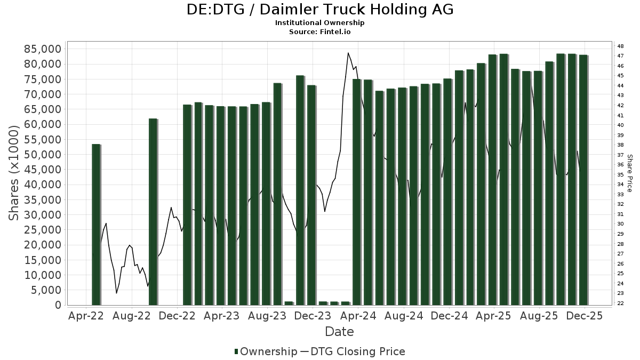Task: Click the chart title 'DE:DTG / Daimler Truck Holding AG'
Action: tap(320, 9)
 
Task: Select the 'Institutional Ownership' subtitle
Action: tap(320, 23)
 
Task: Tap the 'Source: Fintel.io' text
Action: tap(320, 31)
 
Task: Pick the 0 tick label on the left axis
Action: tap(58, 305)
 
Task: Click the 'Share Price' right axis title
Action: tap(629, 173)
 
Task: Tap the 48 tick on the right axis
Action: tap(620, 46)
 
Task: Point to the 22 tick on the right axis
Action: tap(620, 303)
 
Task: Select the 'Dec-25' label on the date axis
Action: tap(584, 316)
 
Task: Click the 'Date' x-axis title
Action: tap(339, 332)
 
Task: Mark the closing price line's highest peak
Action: tap(348, 53)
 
